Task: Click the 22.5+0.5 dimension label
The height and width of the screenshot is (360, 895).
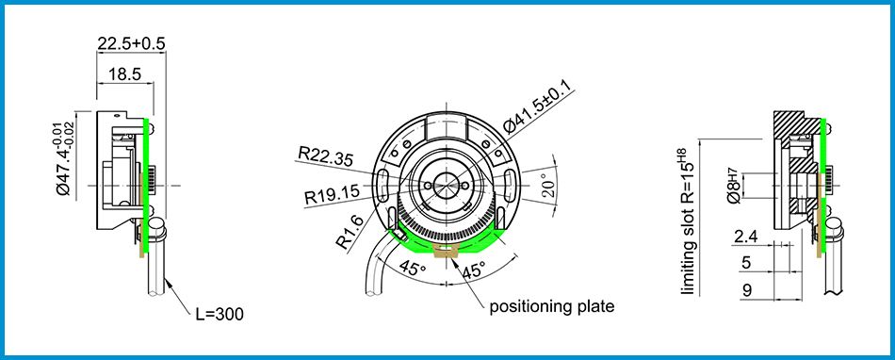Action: tap(131, 43)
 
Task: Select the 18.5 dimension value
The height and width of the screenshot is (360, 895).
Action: tap(124, 73)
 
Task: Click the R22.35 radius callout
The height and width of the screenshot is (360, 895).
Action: tap(325, 154)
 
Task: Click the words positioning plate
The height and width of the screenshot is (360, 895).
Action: tap(552, 305)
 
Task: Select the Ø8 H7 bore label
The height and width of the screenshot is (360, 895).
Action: tap(733, 186)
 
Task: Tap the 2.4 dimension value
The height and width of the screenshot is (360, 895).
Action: tap(744, 236)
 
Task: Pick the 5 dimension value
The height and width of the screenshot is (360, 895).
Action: tap(746, 263)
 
